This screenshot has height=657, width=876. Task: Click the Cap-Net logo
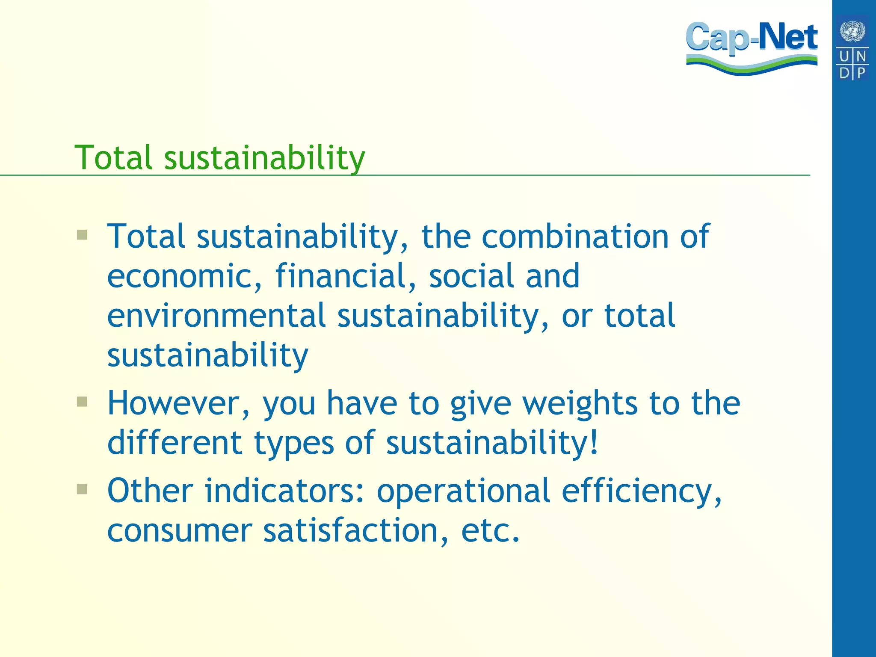[752, 47]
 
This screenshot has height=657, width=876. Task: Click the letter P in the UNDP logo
[861, 73]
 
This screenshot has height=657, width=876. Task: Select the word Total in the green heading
[113, 157]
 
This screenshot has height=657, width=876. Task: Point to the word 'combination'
[575, 236]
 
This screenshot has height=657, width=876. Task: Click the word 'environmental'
[216, 316]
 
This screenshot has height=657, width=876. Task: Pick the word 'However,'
[178, 404]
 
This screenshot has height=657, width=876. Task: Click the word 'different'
[175, 442]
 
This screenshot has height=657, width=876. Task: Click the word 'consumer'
[179, 531]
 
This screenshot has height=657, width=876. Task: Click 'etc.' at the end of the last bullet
[491, 530]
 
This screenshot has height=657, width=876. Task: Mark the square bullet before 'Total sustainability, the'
[82, 234]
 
